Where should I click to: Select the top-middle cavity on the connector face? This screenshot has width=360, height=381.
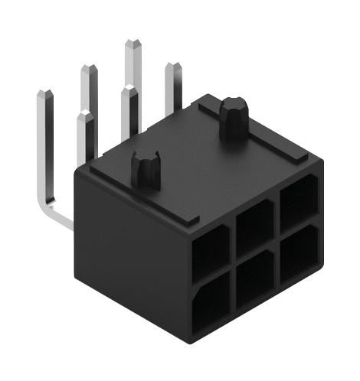point(254,227)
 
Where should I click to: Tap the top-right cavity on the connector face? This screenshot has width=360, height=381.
point(298,200)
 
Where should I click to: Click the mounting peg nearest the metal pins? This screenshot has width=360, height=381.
point(146,170)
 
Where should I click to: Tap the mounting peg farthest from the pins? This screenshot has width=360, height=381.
point(232,117)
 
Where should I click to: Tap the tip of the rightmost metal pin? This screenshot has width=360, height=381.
point(172,66)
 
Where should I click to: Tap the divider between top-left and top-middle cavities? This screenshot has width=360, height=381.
point(231,239)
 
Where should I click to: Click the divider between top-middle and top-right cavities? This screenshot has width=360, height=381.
point(277,213)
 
